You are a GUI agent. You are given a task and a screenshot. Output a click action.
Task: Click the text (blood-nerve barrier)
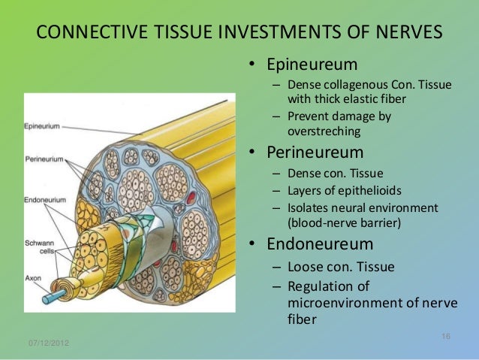click(345, 222)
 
